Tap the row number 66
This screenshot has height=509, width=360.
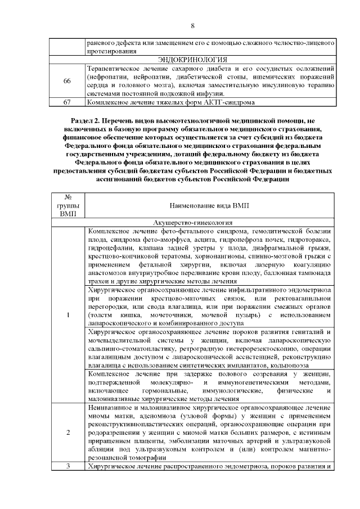[x=66, y=81]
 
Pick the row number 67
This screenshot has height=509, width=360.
[x=66, y=102]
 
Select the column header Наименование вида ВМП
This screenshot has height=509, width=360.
[x=208, y=207]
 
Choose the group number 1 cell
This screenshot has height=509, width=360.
[x=67, y=314]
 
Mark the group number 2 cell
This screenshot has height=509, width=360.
[x=67, y=433]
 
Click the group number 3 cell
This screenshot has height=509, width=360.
[x=67, y=467]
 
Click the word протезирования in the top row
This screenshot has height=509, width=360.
[x=112, y=51]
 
